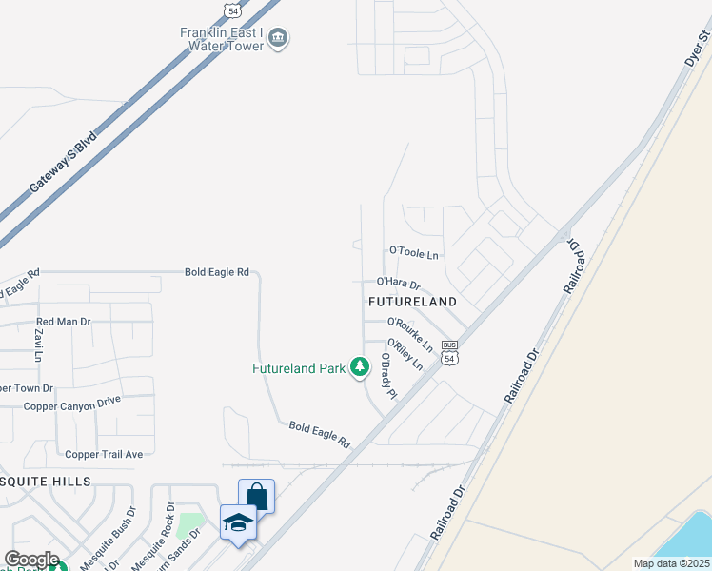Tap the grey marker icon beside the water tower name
coord(279,39)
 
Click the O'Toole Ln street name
coord(414,253)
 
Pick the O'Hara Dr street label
coord(399,282)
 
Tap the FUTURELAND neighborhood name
coord(412,301)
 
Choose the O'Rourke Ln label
coord(410,333)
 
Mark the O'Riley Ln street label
coord(405,354)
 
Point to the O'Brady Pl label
coord(387,376)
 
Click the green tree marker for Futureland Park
coord(359,366)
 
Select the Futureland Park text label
coord(298,368)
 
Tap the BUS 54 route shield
coord(450,353)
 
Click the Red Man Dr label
coord(63,322)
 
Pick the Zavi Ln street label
coord(39,345)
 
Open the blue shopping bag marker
coord(256,496)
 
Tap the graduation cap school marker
coord(238,522)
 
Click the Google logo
coord(30,560)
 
